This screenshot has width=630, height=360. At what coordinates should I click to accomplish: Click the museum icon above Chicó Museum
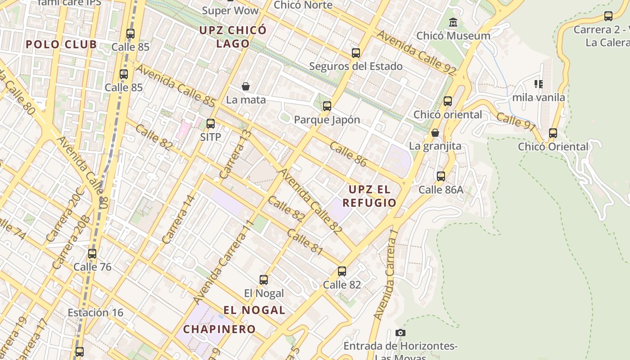(x=453, y=22)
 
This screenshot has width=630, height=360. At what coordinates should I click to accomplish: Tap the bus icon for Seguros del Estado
(x=356, y=53)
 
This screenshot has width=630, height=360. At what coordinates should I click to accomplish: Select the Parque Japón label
(x=327, y=120)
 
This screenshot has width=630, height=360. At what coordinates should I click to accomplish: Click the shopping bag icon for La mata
(x=246, y=86)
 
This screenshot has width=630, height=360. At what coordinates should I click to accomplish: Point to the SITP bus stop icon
(x=211, y=124)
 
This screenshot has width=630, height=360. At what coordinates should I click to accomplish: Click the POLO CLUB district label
(x=61, y=45)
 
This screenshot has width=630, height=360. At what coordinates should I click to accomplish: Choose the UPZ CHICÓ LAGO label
(x=233, y=37)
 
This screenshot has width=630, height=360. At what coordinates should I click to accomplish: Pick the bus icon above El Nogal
(x=264, y=280)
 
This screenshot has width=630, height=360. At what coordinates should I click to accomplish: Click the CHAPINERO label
(x=220, y=329)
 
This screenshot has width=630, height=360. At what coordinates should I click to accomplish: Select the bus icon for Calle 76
(x=92, y=254)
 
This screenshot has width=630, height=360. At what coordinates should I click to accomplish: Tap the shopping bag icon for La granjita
(x=435, y=133)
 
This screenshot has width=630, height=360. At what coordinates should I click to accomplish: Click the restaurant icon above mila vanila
(x=538, y=84)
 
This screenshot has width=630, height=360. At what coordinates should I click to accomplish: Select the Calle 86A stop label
(x=441, y=189)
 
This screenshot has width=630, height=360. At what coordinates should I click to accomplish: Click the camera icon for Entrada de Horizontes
(x=400, y=333)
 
